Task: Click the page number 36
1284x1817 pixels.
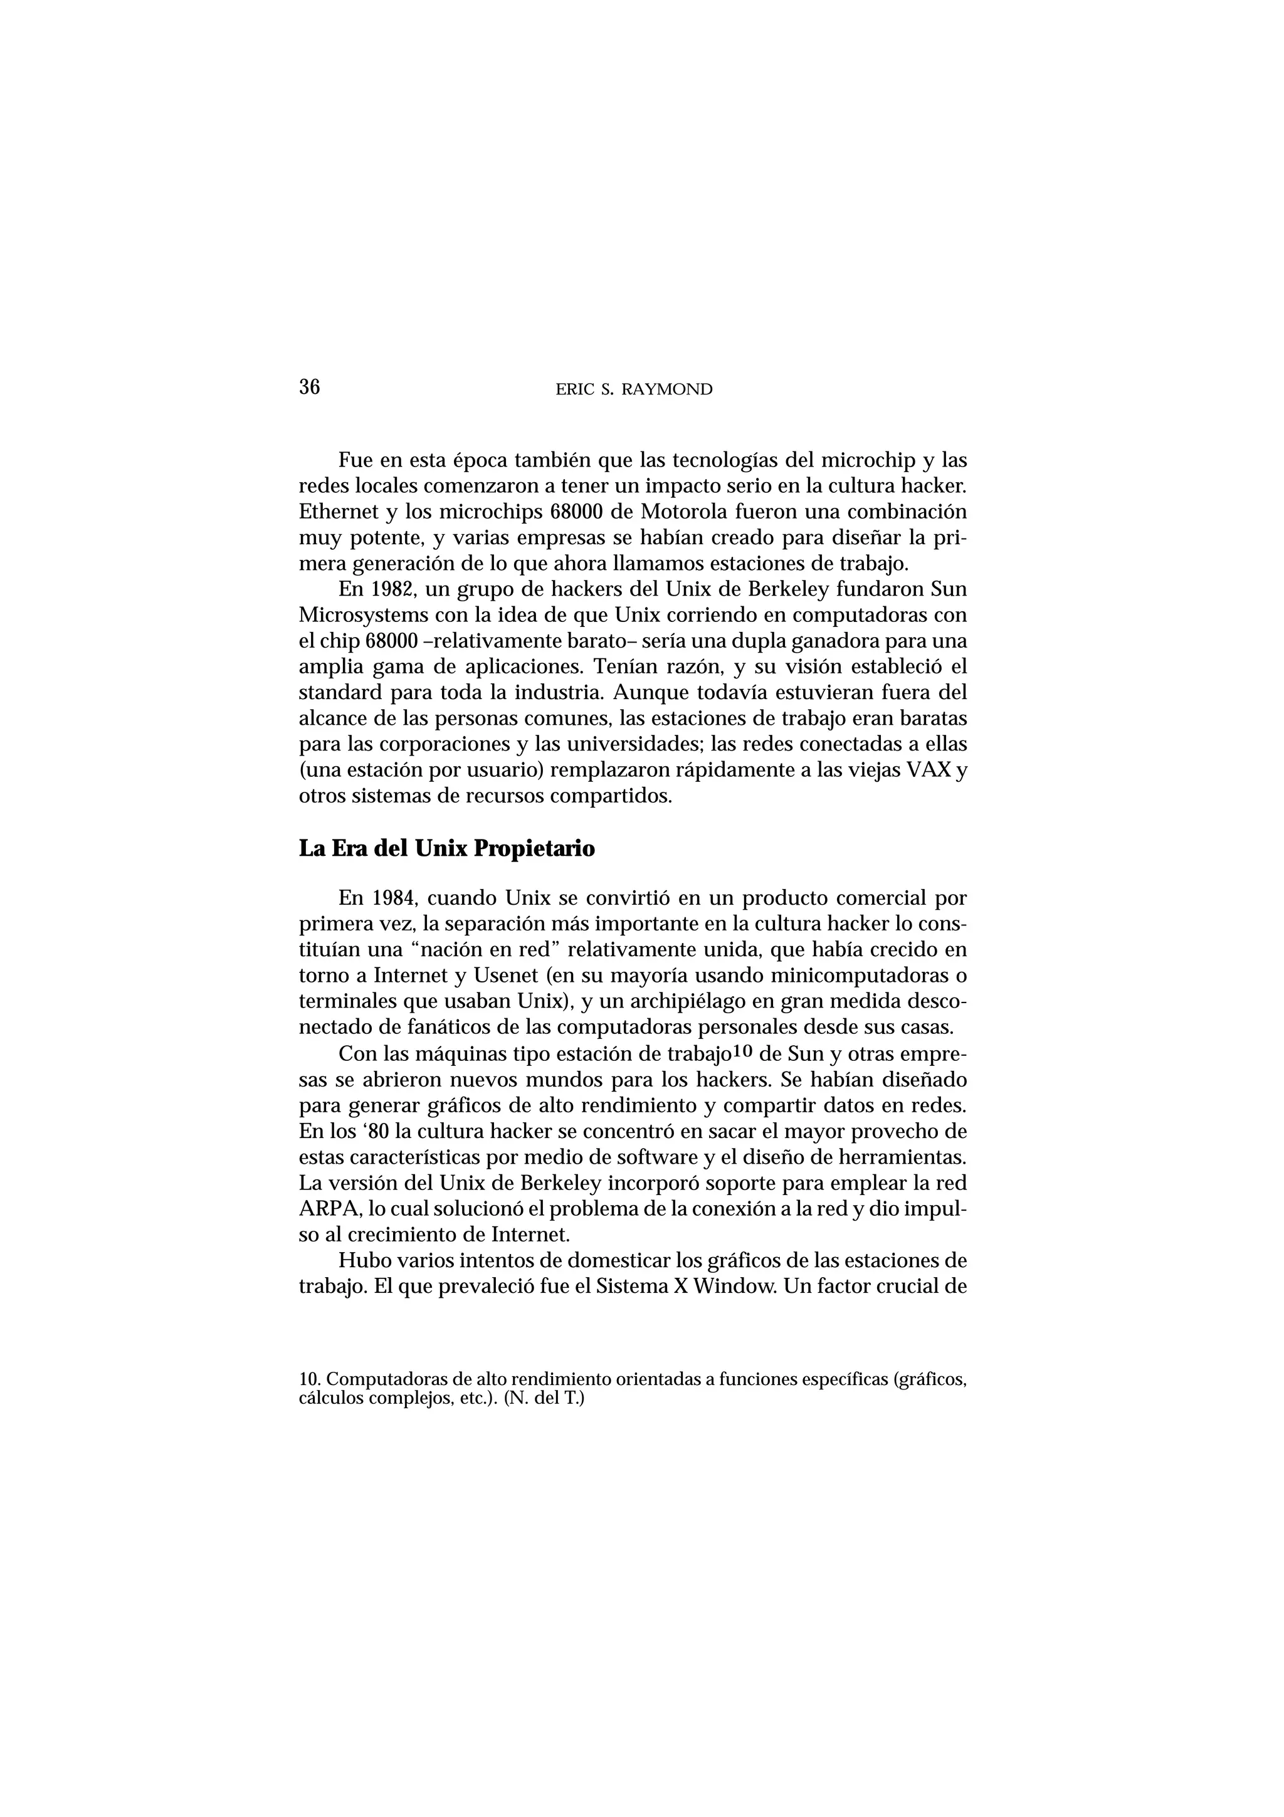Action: coord(309,387)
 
